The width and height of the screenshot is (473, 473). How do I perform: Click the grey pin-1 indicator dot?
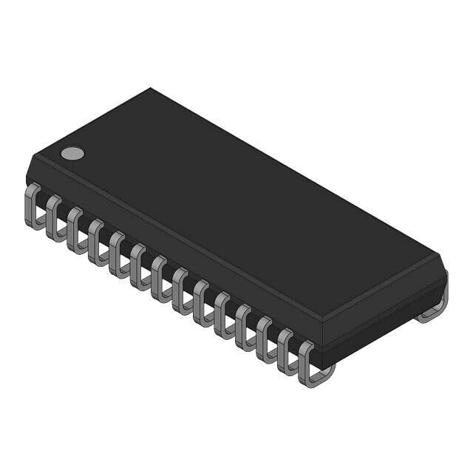[x=72, y=153]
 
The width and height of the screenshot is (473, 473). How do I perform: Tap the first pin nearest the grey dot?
[x=33, y=206]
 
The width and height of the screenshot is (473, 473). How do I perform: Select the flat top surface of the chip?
[x=236, y=200]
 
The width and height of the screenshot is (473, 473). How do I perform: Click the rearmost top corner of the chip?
[x=151, y=89]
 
